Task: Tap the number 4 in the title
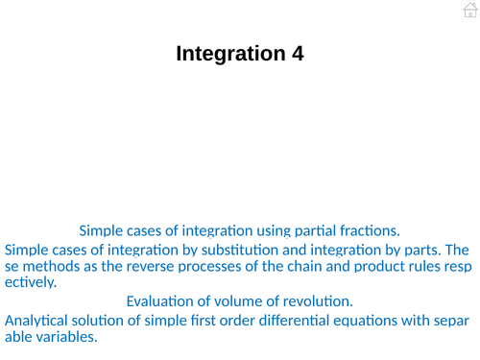(298, 54)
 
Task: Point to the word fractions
(367, 230)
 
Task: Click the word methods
(50, 266)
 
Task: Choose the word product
(369, 266)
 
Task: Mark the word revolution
(317, 301)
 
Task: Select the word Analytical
(38, 320)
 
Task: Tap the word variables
(64, 337)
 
